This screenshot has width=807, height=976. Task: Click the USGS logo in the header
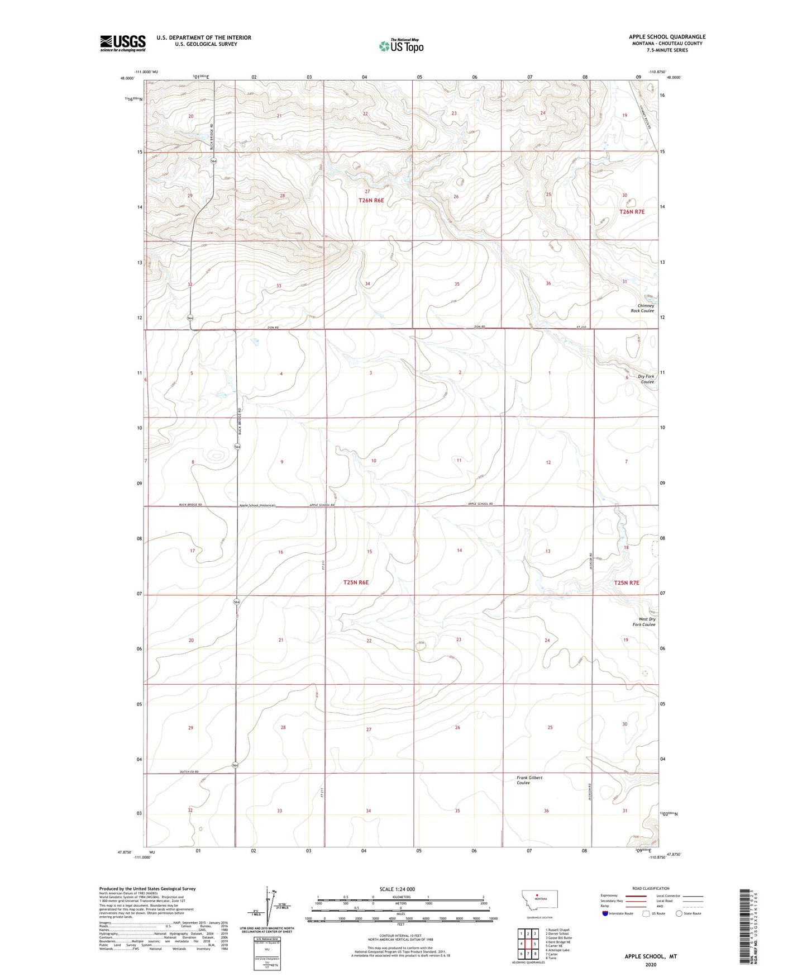122,43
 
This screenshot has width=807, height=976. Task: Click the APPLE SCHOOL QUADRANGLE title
667,37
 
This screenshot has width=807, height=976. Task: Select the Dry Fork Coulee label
646,379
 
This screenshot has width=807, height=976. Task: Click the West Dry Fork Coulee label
646,622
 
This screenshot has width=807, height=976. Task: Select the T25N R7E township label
626,582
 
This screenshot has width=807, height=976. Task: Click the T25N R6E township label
356,582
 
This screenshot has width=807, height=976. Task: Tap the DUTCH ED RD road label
189,772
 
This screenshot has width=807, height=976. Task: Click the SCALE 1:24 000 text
397,889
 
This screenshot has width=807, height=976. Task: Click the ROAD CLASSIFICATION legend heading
651,888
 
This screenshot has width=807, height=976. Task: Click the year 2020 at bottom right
650,964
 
